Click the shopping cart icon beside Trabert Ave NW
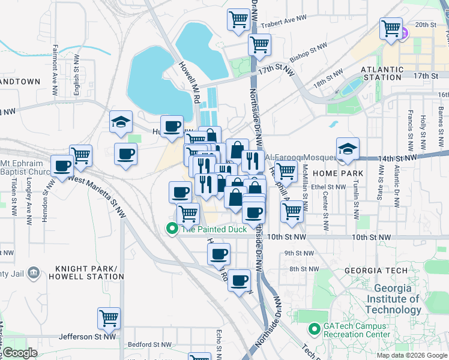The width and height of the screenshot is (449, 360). [239, 19]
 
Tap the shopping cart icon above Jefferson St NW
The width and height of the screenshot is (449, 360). [109, 318]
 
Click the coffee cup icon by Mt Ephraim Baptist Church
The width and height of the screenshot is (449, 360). [62, 165]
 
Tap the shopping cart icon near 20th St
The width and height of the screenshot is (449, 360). [391, 28]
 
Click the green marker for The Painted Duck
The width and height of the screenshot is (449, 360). [172, 229]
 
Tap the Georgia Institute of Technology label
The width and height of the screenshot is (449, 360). [393, 299]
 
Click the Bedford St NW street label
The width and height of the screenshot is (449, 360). [147, 345]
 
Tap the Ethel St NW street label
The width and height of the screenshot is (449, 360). [328, 187]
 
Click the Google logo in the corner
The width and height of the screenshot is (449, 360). [19, 353]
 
